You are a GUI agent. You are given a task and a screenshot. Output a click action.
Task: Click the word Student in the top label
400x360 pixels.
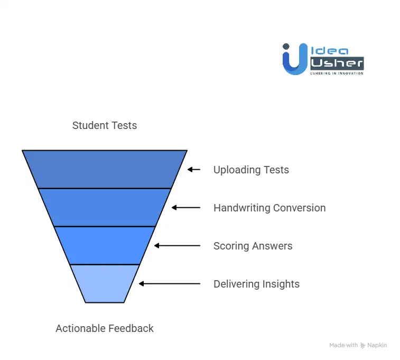click(x=88, y=126)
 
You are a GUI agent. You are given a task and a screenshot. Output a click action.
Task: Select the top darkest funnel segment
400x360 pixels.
click(x=105, y=169)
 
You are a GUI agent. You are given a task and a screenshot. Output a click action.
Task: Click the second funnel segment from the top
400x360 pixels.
click(x=105, y=207)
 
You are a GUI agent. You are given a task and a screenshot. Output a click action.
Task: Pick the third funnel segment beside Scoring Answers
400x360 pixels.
click(x=105, y=245)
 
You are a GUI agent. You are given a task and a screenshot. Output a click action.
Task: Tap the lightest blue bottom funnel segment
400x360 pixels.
click(x=105, y=283)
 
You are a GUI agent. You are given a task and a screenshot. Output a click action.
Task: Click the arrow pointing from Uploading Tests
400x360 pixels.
click(x=194, y=170)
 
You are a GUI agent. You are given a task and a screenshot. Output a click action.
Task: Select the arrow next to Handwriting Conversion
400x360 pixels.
click(x=186, y=208)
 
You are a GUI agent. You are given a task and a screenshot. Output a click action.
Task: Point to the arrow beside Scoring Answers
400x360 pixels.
click(x=178, y=246)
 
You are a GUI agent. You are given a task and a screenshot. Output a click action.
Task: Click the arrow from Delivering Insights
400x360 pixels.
click(x=170, y=284)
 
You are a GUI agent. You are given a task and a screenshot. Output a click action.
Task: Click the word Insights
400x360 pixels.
click(x=282, y=284)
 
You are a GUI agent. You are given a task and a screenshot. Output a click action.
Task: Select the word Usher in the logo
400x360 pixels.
click(x=337, y=63)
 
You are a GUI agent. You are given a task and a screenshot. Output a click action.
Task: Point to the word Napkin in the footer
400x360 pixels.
click(x=377, y=345)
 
